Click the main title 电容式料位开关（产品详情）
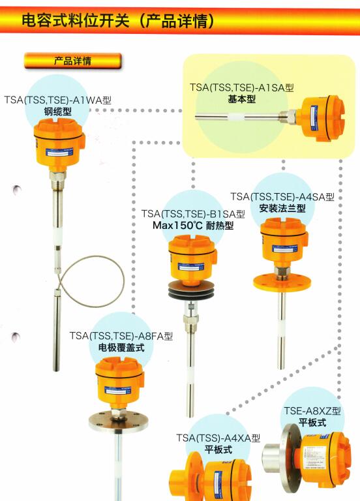click(119, 21)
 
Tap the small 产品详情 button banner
click(73, 61)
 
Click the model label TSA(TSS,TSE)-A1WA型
click(58, 100)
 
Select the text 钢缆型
click(58, 112)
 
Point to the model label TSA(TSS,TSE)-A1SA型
click(242, 87)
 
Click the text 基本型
click(242, 99)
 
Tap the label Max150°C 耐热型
click(193, 225)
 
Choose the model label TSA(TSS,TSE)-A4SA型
click(282, 196)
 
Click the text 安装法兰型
click(282, 208)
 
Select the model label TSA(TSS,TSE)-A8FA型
click(121, 336)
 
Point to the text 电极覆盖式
click(121, 348)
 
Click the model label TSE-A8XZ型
click(312, 410)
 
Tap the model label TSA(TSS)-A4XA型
click(218, 438)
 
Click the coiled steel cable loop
click(123, 281)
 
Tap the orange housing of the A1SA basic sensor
click(322, 118)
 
